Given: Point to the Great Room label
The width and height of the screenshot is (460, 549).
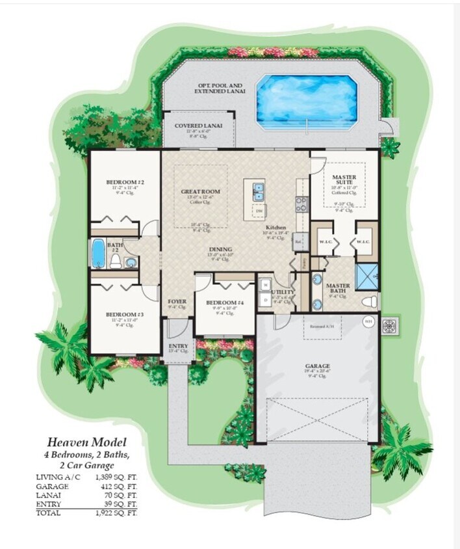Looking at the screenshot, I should [x=201, y=192].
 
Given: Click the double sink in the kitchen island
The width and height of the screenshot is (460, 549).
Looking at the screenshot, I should [x=259, y=192].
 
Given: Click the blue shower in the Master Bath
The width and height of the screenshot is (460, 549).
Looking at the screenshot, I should [x=368, y=275].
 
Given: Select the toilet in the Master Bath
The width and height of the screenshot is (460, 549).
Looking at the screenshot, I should [x=369, y=302].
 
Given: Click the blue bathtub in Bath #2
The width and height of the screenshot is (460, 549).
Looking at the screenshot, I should [x=99, y=253].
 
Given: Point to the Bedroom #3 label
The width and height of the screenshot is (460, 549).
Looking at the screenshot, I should [x=124, y=314].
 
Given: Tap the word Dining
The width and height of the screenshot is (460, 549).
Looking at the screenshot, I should [x=218, y=248].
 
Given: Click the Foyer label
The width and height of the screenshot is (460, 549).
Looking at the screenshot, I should [x=177, y=302].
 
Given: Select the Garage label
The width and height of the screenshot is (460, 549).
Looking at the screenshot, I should [x=318, y=366].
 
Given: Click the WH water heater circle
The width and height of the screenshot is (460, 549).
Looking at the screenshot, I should [x=368, y=320].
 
